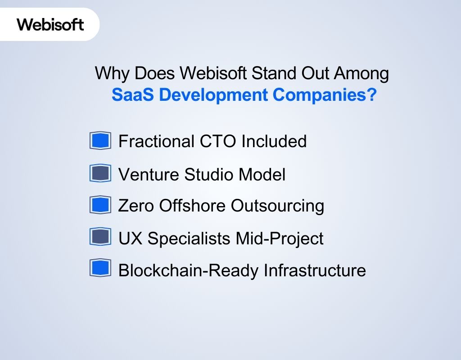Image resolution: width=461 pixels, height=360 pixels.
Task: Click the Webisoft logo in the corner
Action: coord(50,24)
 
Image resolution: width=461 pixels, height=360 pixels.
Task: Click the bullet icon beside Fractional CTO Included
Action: coord(100,141)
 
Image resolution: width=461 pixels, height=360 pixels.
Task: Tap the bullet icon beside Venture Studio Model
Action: coord(100,173)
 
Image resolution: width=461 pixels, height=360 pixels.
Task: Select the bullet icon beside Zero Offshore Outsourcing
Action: coord(100,205)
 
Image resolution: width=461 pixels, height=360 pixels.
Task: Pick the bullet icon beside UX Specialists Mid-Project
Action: coord(100,237)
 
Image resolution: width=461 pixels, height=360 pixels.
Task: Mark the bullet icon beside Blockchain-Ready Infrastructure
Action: coord(100,269)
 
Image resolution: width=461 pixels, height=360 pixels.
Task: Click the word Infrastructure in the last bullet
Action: coord(315,270)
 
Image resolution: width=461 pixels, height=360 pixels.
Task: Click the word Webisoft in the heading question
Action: coord(212,73)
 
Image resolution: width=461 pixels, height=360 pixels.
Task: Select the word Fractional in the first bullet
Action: coord(155,141)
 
